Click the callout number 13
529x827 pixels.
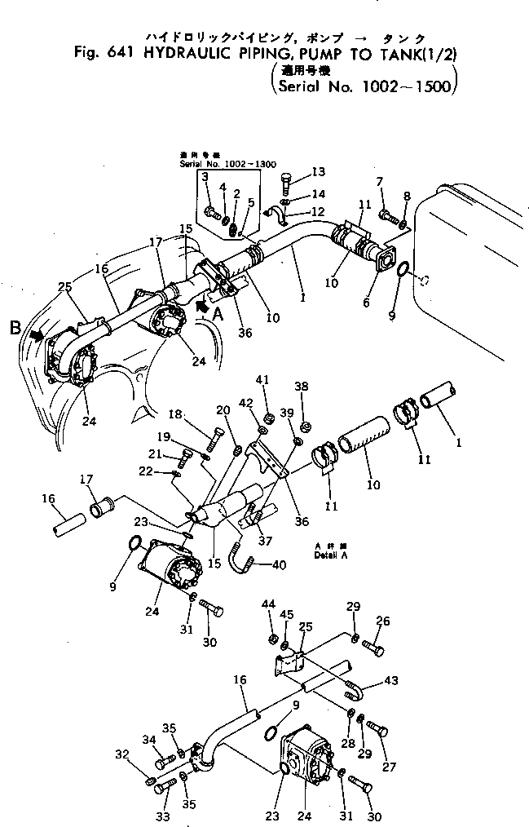pyautogui.click(x=318, y=171)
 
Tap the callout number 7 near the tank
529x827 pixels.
pyautogui.click(x=378, y=180)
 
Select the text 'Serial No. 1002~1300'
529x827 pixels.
pyautogui.click(x=218, y=164)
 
